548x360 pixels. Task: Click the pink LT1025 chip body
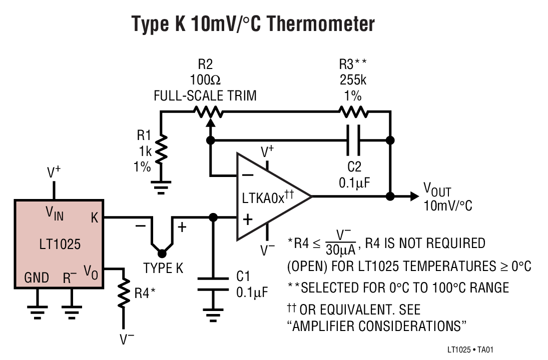coord(59,244)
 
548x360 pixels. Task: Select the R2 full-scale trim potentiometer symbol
coord(207,112)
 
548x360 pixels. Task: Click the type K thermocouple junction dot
coord(162,253)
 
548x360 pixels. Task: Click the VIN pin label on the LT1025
coord(55,213)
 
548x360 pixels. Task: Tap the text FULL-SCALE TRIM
coord(205,95)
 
